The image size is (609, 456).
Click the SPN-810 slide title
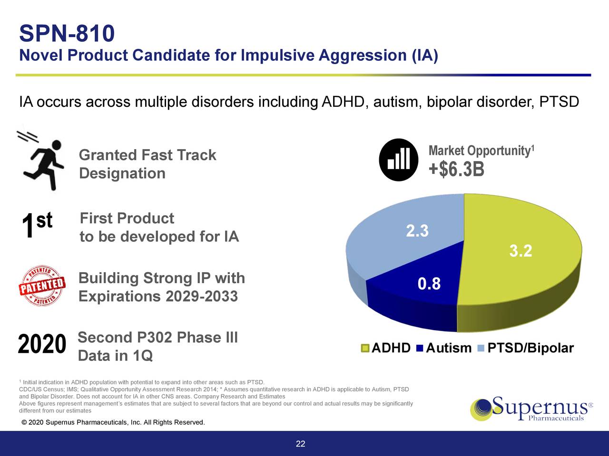click(67, 34)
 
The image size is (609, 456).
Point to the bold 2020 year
click(42, 344)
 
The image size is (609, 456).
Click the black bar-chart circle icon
click(398, 160)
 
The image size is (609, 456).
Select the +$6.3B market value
click(456, 170)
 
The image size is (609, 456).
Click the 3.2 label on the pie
click(521, 251)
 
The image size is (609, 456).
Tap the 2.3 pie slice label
click(417, 231)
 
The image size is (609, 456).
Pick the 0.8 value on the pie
click(429, 284)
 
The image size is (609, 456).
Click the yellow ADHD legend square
click(365, 348)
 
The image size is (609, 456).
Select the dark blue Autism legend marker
click(419, 348)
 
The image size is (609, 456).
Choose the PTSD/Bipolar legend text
click(530, 348)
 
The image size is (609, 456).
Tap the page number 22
click(300, 444)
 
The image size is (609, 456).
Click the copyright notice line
click(113, 423)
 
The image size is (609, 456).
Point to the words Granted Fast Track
click(147, 155)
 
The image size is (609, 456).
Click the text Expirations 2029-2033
click(158, 296)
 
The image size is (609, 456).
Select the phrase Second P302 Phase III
click(157, 338)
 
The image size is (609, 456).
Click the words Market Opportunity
click(479, 151)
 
